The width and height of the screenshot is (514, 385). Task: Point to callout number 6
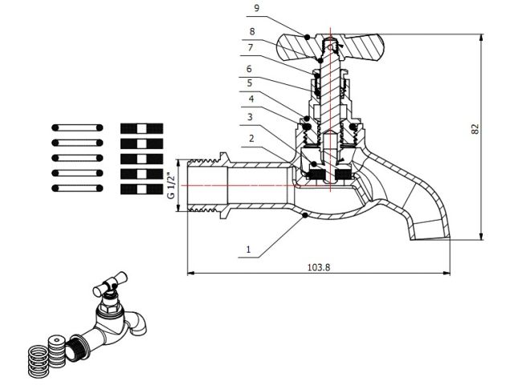(250, 69)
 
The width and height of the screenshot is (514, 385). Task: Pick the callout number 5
(250, 82)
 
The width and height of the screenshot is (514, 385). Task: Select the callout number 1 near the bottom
(249, 250)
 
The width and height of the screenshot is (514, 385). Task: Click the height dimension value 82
(475, 128)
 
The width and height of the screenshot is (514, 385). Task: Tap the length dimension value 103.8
(318, 267)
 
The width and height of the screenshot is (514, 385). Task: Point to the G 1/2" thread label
(170, 185)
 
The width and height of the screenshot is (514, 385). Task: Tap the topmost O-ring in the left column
(77, 128)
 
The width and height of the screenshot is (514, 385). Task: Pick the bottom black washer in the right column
(141, 188)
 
